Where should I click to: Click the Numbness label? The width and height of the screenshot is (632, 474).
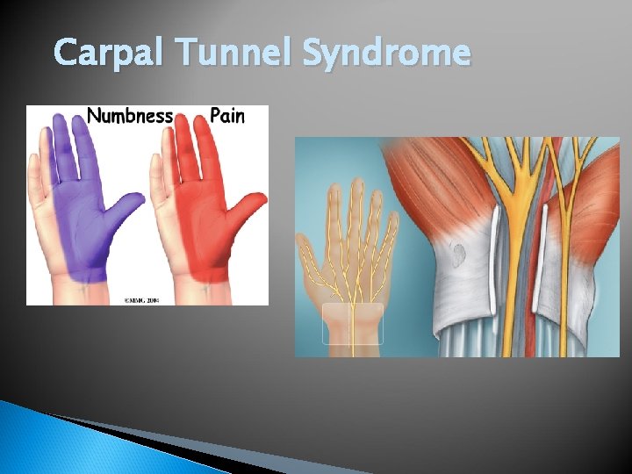[x=129, y=116]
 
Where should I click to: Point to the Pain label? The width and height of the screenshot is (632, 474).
[x=226, y=116]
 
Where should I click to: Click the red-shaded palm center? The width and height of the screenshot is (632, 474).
[x=205, y=233]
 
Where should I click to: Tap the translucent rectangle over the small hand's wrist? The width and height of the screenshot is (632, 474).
[x=353, y=323]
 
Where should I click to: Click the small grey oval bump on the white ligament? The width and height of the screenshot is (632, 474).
[x=459, y=254]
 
